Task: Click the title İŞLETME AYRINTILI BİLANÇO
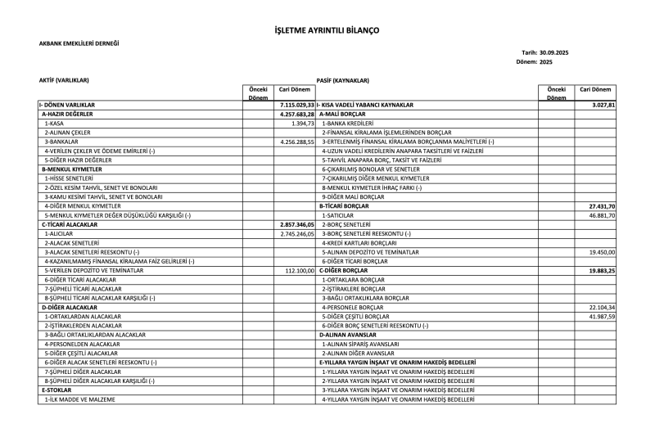(327, 30)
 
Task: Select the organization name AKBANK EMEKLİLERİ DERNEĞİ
(79, 43)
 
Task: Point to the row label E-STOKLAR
(57, 390)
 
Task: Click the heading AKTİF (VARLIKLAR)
(64, 80)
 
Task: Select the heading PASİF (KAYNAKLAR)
(343, 80)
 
